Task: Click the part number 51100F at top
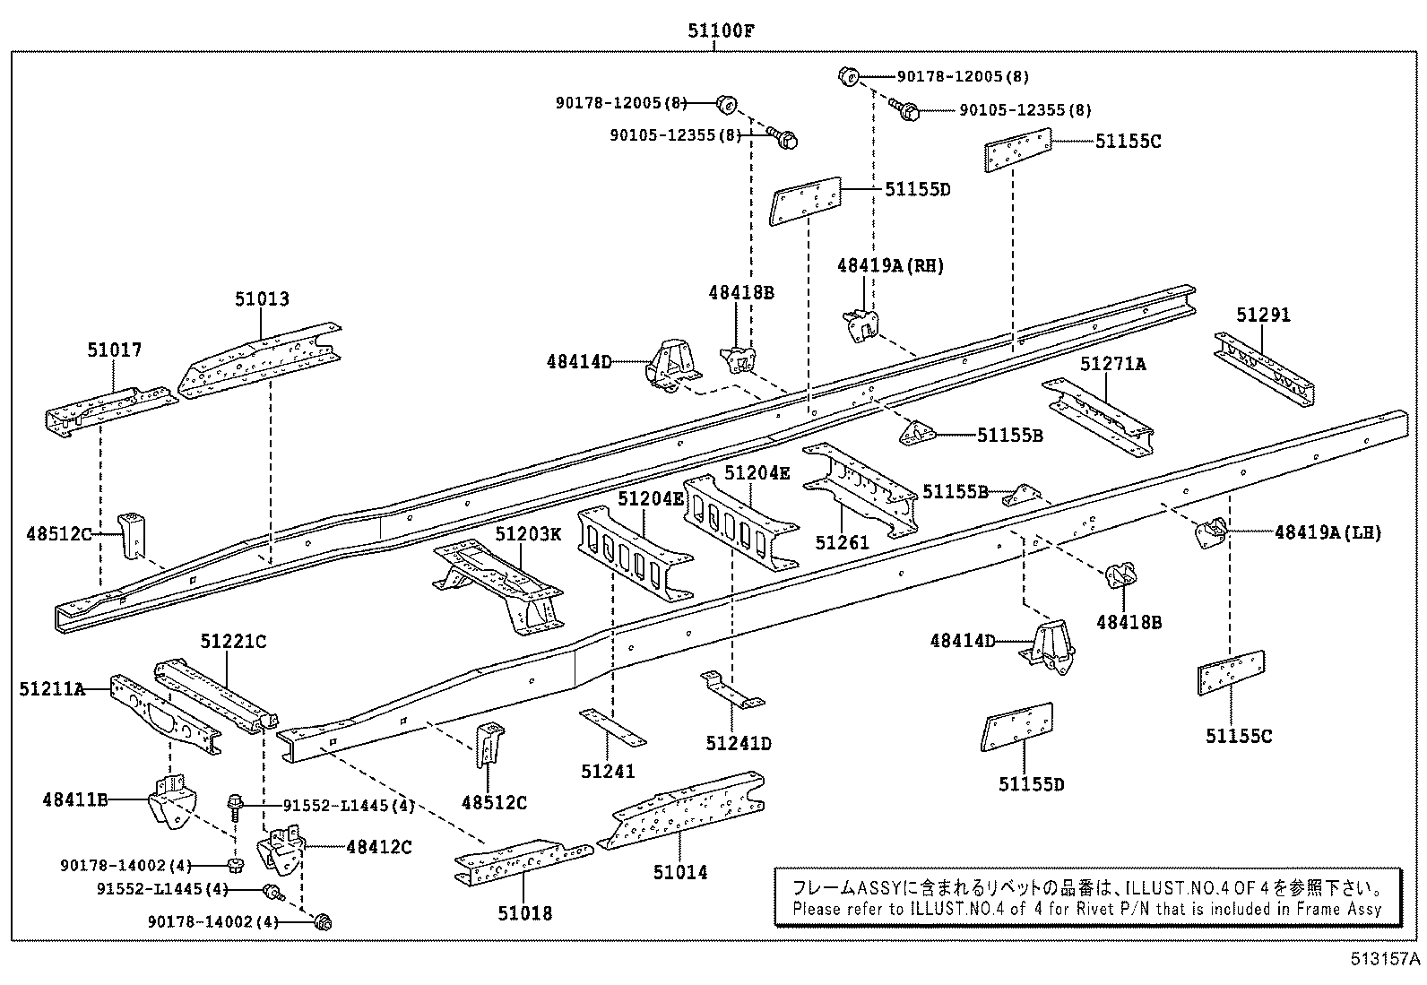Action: point(721,30)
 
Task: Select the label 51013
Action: point(262,298)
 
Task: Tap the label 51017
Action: point(114,350)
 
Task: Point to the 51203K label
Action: point(528,534)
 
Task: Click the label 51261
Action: point(842,542)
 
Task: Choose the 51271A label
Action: point(1112,363)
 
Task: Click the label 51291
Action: point(1263,315)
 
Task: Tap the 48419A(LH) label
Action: point(1328,532)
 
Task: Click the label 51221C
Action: point(233,642)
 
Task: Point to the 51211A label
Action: point(52,688)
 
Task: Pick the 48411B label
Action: point(74,798)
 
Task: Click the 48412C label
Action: point(378,846)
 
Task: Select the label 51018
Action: point(525,913)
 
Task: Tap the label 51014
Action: point(680,872)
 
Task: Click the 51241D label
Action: point(738,743)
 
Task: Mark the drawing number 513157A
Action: point(1386,960)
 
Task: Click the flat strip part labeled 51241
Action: point(613,726)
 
